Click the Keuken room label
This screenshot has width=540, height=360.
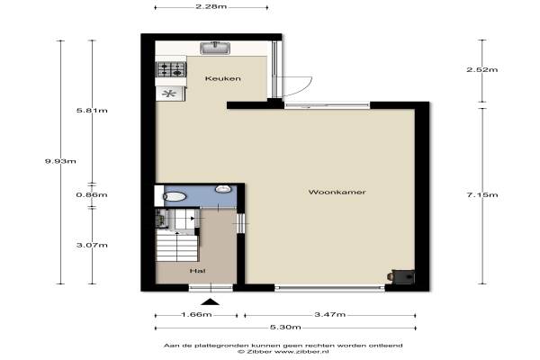[223, 78]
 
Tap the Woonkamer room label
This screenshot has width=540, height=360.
[337, 192]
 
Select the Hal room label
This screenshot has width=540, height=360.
[198, 271]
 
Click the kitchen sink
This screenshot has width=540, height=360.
[215, 48]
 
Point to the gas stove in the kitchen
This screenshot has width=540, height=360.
[172, 69]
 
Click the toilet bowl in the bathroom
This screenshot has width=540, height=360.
[175, 196]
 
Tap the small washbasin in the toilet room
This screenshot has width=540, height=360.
[223, 188]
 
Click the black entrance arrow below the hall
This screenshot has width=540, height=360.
[210, 302]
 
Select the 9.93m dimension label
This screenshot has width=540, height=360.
[60, 161]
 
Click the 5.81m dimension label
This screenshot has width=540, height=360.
[92, 110]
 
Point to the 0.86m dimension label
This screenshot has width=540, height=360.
[92, 194]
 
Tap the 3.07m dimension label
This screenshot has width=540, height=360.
[92, 245]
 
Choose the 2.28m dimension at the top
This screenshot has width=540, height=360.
[211, 6]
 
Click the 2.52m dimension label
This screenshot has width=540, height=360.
[482, 69]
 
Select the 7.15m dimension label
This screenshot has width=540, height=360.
[482, 194]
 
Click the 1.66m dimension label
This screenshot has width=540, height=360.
[196, 314]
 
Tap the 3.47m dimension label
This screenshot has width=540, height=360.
[330, 314]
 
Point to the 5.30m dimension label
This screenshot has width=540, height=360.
[285, 327]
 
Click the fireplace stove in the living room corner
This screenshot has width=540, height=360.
[401, 276]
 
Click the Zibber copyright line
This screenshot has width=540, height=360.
[283, 352]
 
